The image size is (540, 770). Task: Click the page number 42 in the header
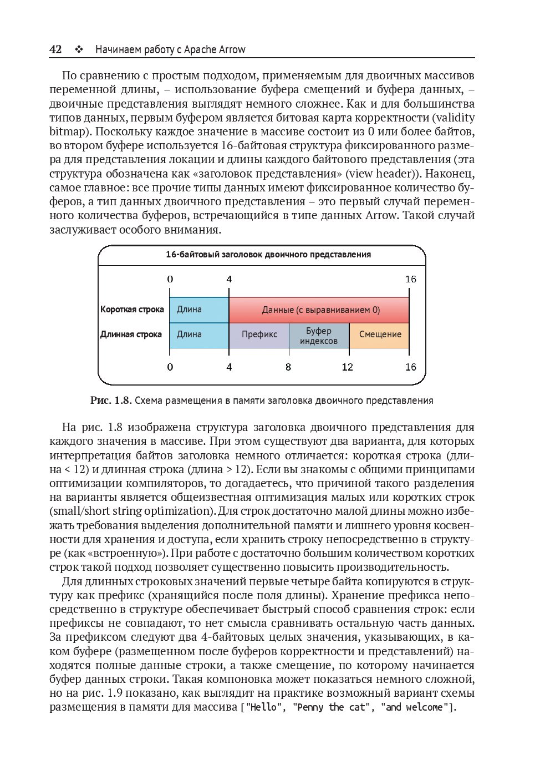coord(55,49)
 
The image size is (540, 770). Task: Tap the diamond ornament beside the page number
coord(79,49)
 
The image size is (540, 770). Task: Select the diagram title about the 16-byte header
coord(268,255)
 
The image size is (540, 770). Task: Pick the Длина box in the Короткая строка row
coord(198,310)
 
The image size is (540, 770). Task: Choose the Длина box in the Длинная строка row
coord(198,335)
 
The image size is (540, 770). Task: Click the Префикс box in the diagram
coord(259,335)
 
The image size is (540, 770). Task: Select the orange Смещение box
coord(380,335)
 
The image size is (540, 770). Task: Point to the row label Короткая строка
coord(132,310)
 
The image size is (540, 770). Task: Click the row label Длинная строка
coord(131,335)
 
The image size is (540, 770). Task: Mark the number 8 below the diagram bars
coord(288,367)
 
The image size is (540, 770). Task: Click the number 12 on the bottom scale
coord(348,367)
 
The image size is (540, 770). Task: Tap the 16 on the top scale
coord(410,279)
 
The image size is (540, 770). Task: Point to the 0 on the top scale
coord(170,279)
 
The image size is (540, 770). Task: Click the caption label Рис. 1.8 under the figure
coord(110,401)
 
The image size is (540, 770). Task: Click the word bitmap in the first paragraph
coord(68,131)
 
